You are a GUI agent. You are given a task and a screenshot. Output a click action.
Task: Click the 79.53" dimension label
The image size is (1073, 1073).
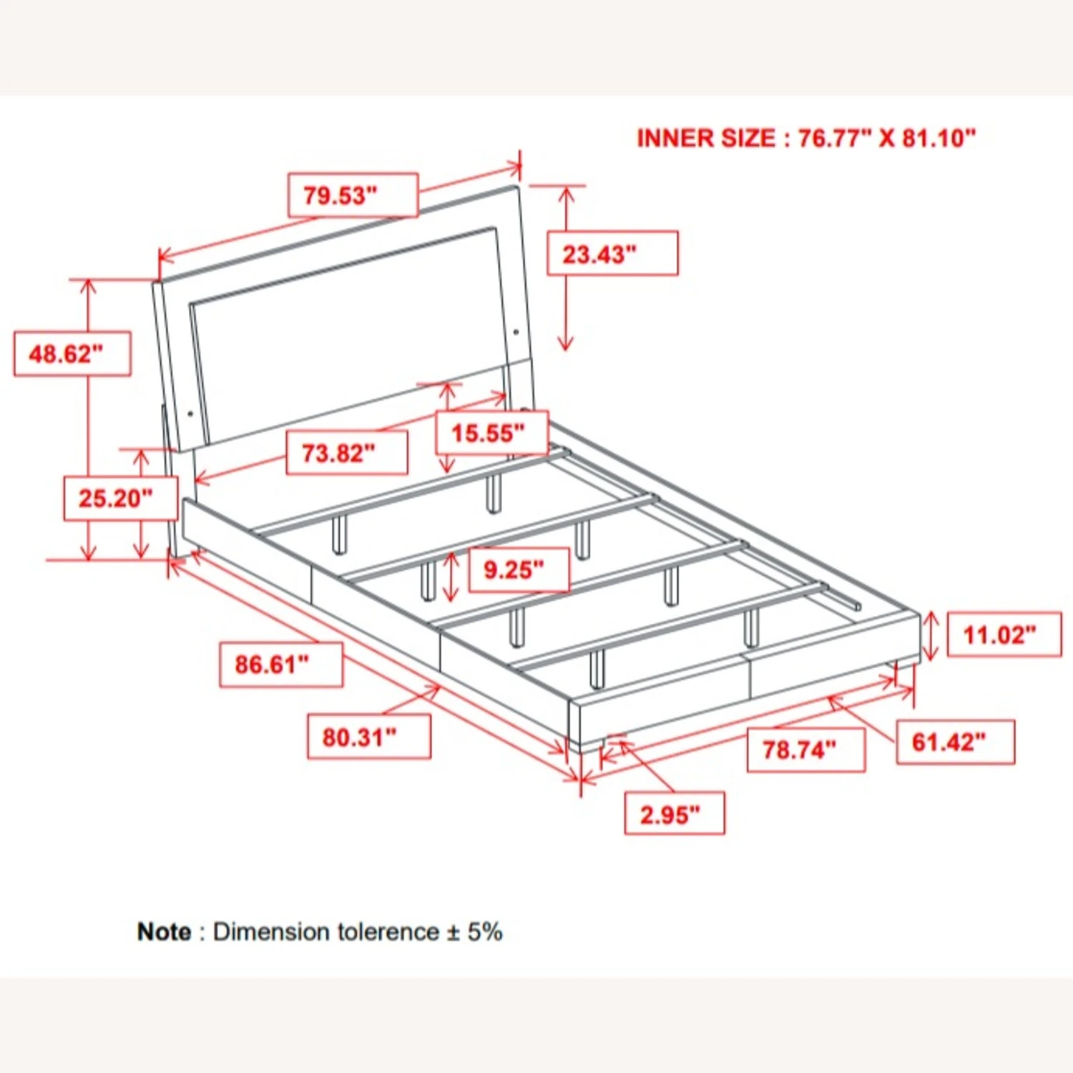[353, 195]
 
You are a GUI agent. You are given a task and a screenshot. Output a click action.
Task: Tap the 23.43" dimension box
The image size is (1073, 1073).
[612, 253]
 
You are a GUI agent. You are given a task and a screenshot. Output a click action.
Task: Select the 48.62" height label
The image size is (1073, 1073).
[72, 353]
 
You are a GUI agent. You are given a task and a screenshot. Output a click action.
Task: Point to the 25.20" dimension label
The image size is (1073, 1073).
[121, 498]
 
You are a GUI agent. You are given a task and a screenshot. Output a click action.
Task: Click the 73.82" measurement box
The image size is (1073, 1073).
[347, 453]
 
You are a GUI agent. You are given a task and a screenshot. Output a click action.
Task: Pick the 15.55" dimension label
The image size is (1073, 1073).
[492, 432]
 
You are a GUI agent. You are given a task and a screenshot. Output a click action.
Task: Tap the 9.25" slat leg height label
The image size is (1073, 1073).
[519, 569]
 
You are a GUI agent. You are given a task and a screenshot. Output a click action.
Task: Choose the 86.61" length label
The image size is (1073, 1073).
[280, 665]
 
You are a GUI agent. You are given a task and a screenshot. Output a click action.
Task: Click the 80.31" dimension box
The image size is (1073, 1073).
[369, 736]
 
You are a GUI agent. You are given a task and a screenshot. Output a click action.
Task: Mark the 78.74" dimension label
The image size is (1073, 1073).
[806, 750]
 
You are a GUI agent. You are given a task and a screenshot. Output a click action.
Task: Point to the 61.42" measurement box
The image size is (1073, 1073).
[956, 742]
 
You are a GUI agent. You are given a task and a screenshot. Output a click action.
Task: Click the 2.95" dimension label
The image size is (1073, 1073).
[675, 813]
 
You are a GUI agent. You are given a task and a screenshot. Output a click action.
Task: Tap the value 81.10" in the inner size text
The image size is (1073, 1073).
[939, 137]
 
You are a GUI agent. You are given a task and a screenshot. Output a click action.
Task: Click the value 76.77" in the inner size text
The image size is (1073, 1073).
[834, 137]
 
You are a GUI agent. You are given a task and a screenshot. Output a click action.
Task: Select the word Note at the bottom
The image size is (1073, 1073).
[164, 931]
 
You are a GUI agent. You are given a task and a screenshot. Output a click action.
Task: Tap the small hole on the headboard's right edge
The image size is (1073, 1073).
[516, 332]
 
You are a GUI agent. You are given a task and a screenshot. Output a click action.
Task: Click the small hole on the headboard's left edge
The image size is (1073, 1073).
[190, 413]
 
